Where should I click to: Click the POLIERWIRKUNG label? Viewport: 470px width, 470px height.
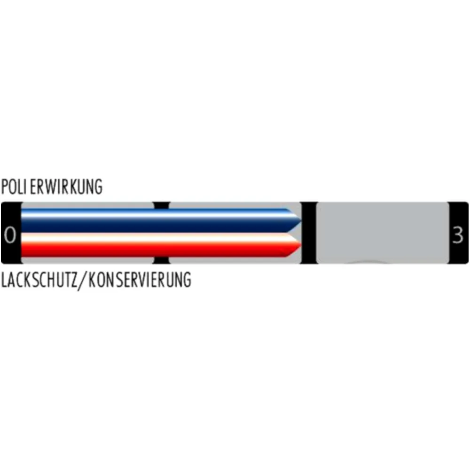click(52, 187)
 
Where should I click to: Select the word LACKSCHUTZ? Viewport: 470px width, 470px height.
click(39, 280)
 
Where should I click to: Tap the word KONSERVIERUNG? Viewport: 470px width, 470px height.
click(140, 280)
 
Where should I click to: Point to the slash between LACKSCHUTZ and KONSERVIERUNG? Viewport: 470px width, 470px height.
click(83, 281)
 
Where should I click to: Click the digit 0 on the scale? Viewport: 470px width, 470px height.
click(10, 235)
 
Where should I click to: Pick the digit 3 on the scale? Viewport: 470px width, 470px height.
click(458, 235)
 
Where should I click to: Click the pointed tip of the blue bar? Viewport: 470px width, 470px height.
click(301, 220)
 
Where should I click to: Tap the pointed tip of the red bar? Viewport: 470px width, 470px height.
click(301, 245)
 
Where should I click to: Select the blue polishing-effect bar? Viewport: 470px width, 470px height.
click(161, 220)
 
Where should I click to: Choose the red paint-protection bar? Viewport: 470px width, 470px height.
click(161, 245)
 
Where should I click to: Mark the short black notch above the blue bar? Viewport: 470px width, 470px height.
click(162, 205)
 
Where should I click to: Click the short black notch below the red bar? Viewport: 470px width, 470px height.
click(161, 260)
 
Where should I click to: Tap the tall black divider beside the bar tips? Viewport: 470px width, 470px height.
click(309, 233)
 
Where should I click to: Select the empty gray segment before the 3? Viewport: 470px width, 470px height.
click(383, 233)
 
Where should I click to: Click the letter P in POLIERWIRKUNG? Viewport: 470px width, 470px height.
click(5, 187)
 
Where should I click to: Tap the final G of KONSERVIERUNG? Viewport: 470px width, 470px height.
click(187, 280)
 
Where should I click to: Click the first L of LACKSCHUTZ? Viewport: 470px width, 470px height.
click(4, 280)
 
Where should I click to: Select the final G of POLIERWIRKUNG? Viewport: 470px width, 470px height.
click(98, 187)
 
